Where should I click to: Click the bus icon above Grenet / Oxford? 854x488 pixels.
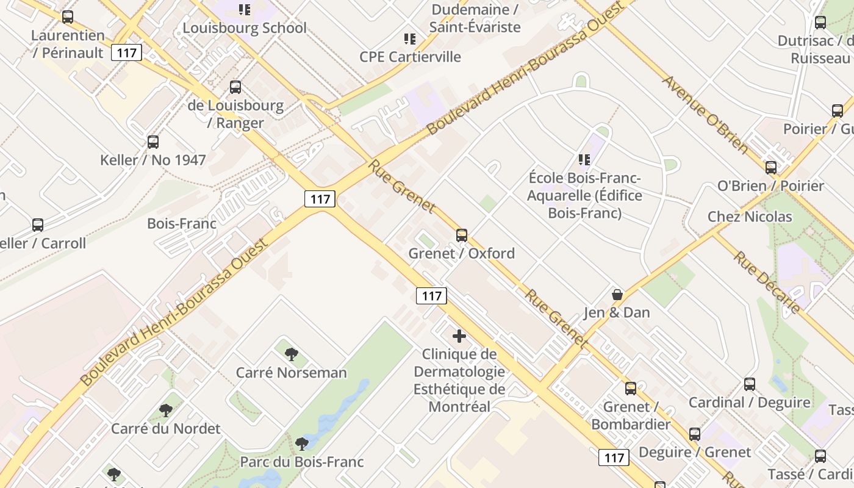click(462, 235)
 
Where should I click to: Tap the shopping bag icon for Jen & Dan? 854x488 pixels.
click(617, 295)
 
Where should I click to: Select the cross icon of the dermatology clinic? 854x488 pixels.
click(459, 335)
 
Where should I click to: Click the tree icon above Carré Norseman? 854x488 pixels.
click(292, 354)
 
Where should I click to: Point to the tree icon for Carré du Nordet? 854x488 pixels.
click(165, 410)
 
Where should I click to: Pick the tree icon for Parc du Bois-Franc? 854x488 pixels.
click(301, 443)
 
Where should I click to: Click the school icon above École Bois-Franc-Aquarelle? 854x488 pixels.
click(584, 160)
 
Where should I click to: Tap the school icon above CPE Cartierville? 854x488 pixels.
click(410, 39)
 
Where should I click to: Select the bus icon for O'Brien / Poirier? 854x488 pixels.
click(771, 167)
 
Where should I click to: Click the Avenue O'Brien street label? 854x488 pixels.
click(705, 114)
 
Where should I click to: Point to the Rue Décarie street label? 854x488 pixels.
click(766, 282)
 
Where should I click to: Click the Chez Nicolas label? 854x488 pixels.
click(750, 217)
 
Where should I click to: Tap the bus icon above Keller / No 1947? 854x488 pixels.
click(153, 142)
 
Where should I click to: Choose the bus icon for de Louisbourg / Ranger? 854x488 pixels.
click(235, 87)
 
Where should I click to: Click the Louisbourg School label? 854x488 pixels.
click(245, 28)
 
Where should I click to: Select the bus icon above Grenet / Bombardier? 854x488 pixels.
click(631, 389)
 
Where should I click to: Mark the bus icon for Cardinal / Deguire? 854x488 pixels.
click(750, 384)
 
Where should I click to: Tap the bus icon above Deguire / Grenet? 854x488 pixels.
click(695, 434)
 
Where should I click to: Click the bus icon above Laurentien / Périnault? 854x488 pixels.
click(68, 17)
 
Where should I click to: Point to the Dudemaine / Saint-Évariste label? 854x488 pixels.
click(475, 18)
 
